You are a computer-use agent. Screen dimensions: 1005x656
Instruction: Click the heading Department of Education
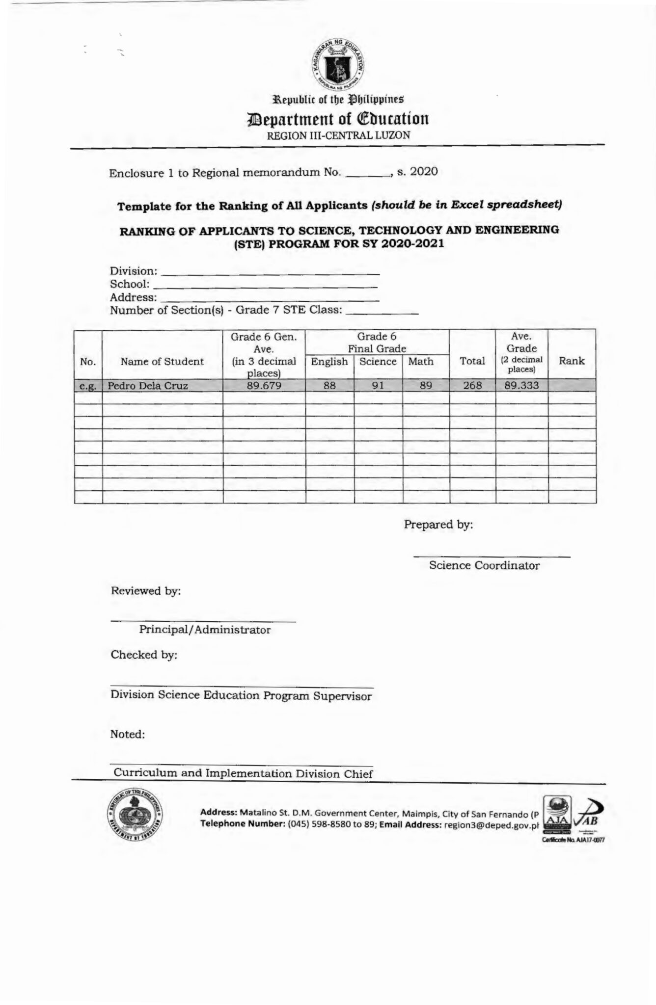tap(339, 119)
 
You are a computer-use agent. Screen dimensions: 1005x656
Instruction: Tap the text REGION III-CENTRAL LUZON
tap(338, 135)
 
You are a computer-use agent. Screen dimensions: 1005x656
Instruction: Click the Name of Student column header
tap(162, 362)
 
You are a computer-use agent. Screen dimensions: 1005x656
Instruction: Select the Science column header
tap(378, 362)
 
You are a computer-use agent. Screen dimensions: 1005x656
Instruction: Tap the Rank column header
tap(572, 361)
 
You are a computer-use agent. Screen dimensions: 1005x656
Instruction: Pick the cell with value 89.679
tap(264, 386)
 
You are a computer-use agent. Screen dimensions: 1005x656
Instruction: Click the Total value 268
tap(472, 386)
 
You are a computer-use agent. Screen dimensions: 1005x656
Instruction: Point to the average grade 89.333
tap(521, 386)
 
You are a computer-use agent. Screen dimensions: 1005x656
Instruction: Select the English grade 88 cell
tap(329, 386)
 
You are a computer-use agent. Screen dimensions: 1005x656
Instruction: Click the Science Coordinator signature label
tap(484, 565)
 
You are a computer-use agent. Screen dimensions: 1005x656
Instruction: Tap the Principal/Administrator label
tap(205, 630)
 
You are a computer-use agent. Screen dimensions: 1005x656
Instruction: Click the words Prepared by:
tap(438, 525)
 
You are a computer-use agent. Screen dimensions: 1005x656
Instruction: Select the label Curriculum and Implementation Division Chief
tap(243, 774)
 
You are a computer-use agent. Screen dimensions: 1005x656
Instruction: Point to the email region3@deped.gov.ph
tap(491, 825)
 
